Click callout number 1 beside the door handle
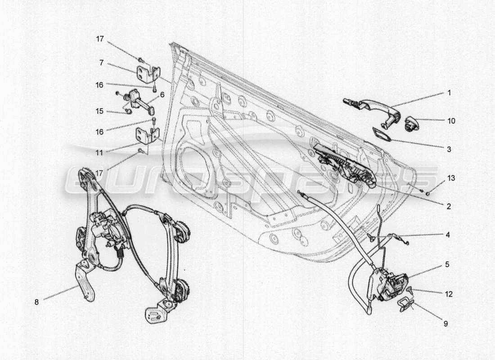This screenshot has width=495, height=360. pyautogui.click(x=449, y=93)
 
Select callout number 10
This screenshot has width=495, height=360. pyautogui.click(x=451, y=121)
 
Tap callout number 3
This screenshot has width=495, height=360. pyautogui.click(x=449, y=148)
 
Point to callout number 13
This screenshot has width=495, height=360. pyautogui.click(x=451, y=178)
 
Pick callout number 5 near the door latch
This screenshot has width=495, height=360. pyautogui.click(x=447, y=264)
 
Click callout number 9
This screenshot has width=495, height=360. pyautogui.click(x=445, y=323)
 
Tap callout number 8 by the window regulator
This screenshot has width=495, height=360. pyautogui.click(x=36, y=302)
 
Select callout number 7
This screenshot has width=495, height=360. pyautogui.click(x=101, y=63)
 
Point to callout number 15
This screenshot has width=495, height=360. pyautogui.click(x=99, y=111)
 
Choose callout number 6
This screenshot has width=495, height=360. pyautogui.click(x=162, y=94)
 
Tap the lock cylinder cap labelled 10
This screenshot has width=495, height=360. pyautogui.click(x=412, y=123)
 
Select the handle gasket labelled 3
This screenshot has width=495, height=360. pyautogui.click(x=381, y=134)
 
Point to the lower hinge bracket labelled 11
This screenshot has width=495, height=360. pyautogui.click(x=148, y=135)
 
